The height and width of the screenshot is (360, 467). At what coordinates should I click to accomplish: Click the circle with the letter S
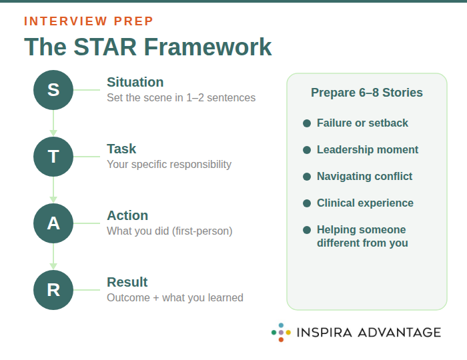pyautogui.click(x=53, y=90)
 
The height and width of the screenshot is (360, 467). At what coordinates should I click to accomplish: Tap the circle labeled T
pyautogui.click(x=53, y=157)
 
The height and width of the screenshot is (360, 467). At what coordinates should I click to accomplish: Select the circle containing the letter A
pyautogui.click(x=53, y=223)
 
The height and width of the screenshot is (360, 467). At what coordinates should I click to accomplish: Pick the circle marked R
pyautogui.click(x=53, y=290)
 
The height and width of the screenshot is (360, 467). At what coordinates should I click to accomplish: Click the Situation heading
pyautogui.click(x=135, y=82)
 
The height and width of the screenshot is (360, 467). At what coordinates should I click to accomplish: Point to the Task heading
pyautogui.click(x=121, y=149)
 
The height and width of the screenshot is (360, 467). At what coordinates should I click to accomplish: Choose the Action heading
pyautogui.click(x=127, y=215)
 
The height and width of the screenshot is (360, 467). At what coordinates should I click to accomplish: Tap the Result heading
pyautogui.click(x=127, y=282)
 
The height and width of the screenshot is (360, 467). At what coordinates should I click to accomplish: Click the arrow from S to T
pyautogui.click(x=53, y=123)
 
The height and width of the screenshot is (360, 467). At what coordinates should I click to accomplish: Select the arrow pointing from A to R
pyautogui.click(x=53, y=257)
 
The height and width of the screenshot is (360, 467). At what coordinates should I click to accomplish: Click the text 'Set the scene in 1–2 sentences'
pyautogui.click(x=181, y=98)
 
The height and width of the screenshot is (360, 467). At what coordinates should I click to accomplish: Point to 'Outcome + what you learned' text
pyautogui.click(x=175, y=298)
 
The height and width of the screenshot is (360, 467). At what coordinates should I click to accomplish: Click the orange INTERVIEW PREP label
pyautogui.click(x=89, y=21)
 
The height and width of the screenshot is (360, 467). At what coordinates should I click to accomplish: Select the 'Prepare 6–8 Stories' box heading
pyautogui.click(x=367, y=93)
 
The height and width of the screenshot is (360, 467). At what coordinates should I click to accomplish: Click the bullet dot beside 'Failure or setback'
pyautogui.click(x=307, y=123)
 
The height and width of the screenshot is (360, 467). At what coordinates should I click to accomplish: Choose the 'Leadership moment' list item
pyautogui.click(x=368, y=150)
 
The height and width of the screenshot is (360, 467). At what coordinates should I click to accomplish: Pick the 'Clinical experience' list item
pyautogui.click(x=365, y=203)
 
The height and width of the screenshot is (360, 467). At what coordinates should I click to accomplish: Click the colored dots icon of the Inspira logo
pyautogui.click(x=281, y=332)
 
